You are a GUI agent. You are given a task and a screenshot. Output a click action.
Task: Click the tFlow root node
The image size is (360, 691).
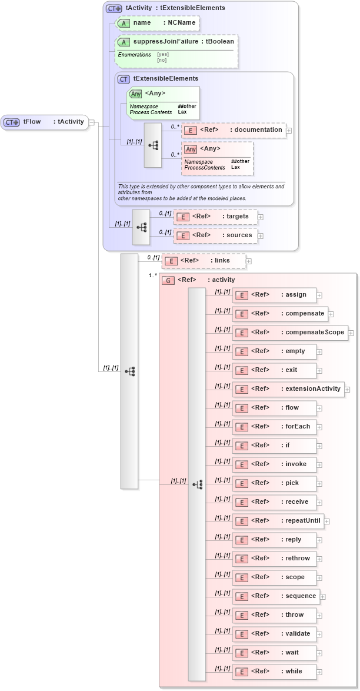point(45,122)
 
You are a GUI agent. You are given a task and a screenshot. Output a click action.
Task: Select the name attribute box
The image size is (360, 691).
point(157,23)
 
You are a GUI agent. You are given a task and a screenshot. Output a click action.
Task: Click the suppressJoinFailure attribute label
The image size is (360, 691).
point(183,42)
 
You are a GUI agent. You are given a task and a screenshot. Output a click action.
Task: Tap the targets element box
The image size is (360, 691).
point(215,217)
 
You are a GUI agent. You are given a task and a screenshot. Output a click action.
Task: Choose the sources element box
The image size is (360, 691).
point(215,235)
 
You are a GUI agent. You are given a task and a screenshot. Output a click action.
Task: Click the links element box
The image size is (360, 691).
point(204,261)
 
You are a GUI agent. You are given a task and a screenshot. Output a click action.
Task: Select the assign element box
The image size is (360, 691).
point(274,295)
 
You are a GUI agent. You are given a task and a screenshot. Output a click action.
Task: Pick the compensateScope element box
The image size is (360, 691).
point(289,333)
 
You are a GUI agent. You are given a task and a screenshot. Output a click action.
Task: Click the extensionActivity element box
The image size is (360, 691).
point(288,389)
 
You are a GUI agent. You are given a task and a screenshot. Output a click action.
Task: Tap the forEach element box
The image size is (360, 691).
point(274,427)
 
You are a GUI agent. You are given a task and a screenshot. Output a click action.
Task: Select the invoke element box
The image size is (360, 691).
point(274,464)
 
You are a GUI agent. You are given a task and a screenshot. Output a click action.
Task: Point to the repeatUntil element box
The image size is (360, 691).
point(278,521)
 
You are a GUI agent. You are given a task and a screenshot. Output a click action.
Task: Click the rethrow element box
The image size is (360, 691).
point(274,559)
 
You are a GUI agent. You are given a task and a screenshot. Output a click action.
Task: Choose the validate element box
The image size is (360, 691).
point(274,634)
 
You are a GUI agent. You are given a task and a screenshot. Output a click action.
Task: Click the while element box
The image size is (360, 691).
point(274,672)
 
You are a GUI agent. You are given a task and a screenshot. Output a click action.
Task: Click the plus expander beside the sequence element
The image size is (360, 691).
point(323,597)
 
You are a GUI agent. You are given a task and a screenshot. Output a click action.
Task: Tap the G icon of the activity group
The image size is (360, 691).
point(168,280)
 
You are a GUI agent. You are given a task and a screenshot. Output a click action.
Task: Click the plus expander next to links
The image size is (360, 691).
point(249,261)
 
